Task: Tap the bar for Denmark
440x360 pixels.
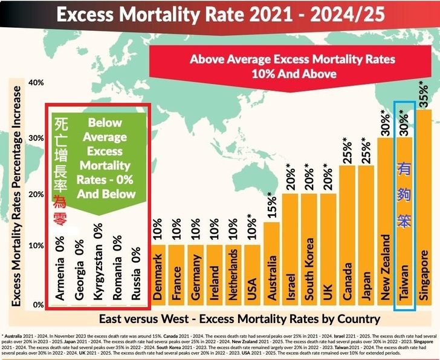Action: click(158, 276)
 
